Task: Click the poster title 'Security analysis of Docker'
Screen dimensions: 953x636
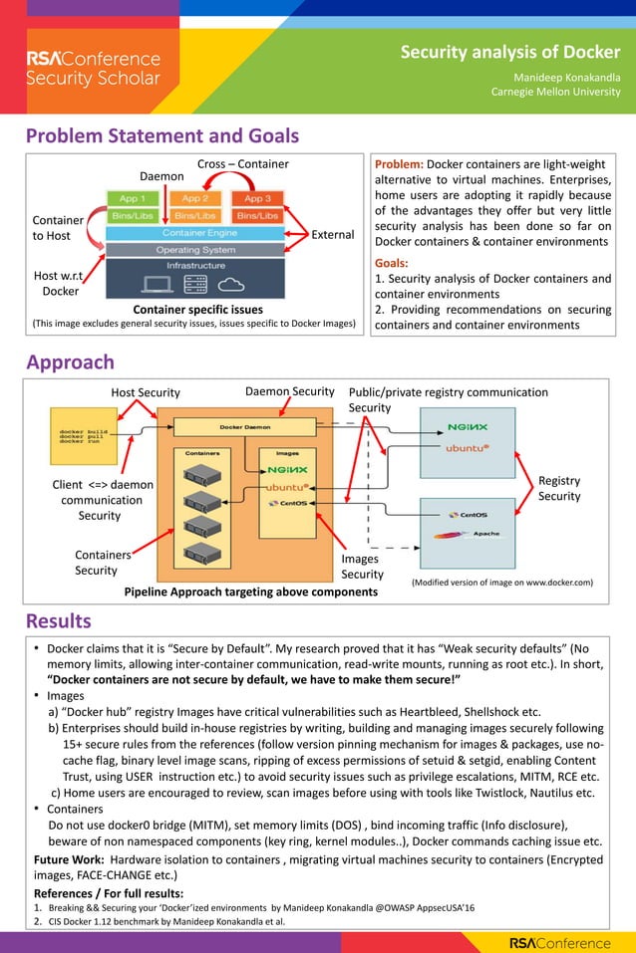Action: point(509,52)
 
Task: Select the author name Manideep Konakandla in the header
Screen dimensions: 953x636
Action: point(566,77)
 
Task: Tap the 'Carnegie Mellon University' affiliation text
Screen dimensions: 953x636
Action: point(555,93)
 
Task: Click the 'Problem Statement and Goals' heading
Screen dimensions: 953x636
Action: point(161,135)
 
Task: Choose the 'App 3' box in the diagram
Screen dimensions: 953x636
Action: point(258,198)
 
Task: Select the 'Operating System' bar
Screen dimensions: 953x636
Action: point(195,249)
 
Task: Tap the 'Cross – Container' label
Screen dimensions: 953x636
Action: point(242,164)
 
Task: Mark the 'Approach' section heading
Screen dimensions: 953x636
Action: point(70,361)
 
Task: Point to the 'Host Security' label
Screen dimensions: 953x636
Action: point(145,392)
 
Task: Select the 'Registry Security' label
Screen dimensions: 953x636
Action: point(559,488)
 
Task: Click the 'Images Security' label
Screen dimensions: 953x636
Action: point(362,567)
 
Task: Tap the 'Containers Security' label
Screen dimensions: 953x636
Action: point(103,563)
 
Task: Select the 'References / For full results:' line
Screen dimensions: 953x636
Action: point(109,892)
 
